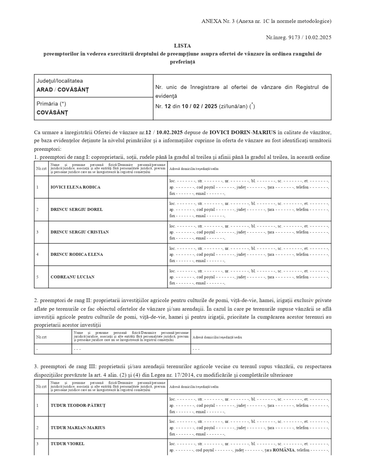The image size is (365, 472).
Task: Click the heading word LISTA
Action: pos(182,46)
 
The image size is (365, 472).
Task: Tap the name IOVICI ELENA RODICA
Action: pos(75,187)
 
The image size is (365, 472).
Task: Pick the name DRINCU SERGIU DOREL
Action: pos(77,209)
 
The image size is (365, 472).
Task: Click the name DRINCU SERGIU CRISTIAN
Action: pos(80,232)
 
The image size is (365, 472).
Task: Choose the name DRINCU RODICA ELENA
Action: pos(77,254)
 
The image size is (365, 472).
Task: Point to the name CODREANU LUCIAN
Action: pos(73,277)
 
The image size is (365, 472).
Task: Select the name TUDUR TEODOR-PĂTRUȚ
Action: pos(78,405)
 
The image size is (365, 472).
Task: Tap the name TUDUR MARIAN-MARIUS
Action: pos(78,427)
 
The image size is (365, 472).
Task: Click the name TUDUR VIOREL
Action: pos(67,444)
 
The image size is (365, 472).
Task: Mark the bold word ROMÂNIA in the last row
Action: pos(284,450)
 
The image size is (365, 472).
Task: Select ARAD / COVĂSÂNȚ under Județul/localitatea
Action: pos(63,90)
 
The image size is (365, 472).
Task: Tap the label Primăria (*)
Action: pos(51,104)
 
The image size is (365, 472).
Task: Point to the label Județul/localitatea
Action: pos(60,81)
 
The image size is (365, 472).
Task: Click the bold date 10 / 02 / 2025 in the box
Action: pos(199,106)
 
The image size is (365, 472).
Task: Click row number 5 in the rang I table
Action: pos(37,277)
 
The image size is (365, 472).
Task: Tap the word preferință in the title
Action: pos(182,62)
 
